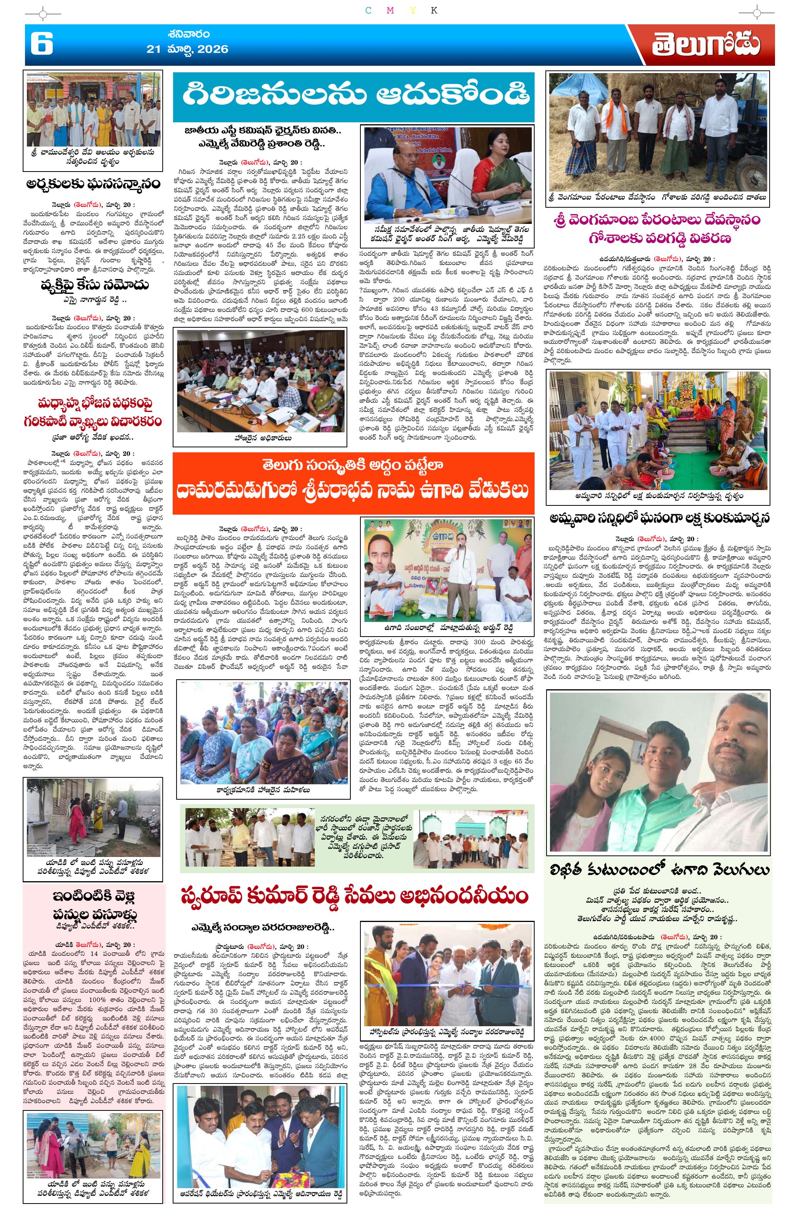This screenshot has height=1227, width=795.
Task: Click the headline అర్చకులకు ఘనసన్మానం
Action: click(93, 184)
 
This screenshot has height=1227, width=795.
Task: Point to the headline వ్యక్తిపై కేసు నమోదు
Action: click(93, 285)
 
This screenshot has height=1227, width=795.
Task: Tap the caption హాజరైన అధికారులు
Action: click(261, 438)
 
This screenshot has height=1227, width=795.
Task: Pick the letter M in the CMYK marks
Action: click(390, 10)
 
